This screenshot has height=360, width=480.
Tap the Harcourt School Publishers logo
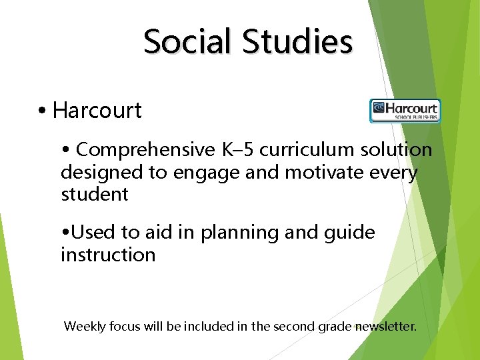(405, 111)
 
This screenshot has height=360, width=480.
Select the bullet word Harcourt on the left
(97, 111)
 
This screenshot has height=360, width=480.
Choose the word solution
(397, 150)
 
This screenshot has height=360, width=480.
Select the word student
(94, 195)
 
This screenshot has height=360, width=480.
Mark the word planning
(254, 233)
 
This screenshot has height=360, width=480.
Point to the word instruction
(108, 255)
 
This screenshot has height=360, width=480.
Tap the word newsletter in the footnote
(385, 327)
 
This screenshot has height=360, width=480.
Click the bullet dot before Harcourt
(42, 111)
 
